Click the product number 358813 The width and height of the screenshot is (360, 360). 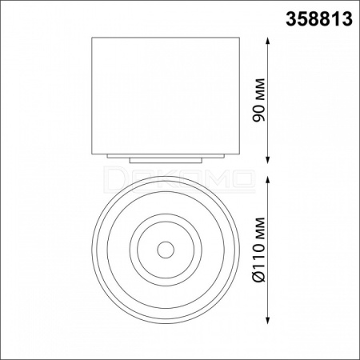(x=319, y=20)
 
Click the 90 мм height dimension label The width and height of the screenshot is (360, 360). (x=259, y=100)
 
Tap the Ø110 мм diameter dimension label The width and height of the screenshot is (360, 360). (x=259, y=250)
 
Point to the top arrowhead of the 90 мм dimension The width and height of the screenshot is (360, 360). (x=268, y=42)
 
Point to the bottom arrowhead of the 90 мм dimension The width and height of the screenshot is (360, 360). (x=268, y=159)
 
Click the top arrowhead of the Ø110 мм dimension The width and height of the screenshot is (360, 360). (x=268, y=180)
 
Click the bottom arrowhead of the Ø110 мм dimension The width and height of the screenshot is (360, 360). (x=268, y=320)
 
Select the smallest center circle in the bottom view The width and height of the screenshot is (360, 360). (x=166, y=242)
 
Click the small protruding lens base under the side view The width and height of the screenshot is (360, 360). (x=166, y=161)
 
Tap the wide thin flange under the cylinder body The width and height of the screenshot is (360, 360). (x=166, y=156)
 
